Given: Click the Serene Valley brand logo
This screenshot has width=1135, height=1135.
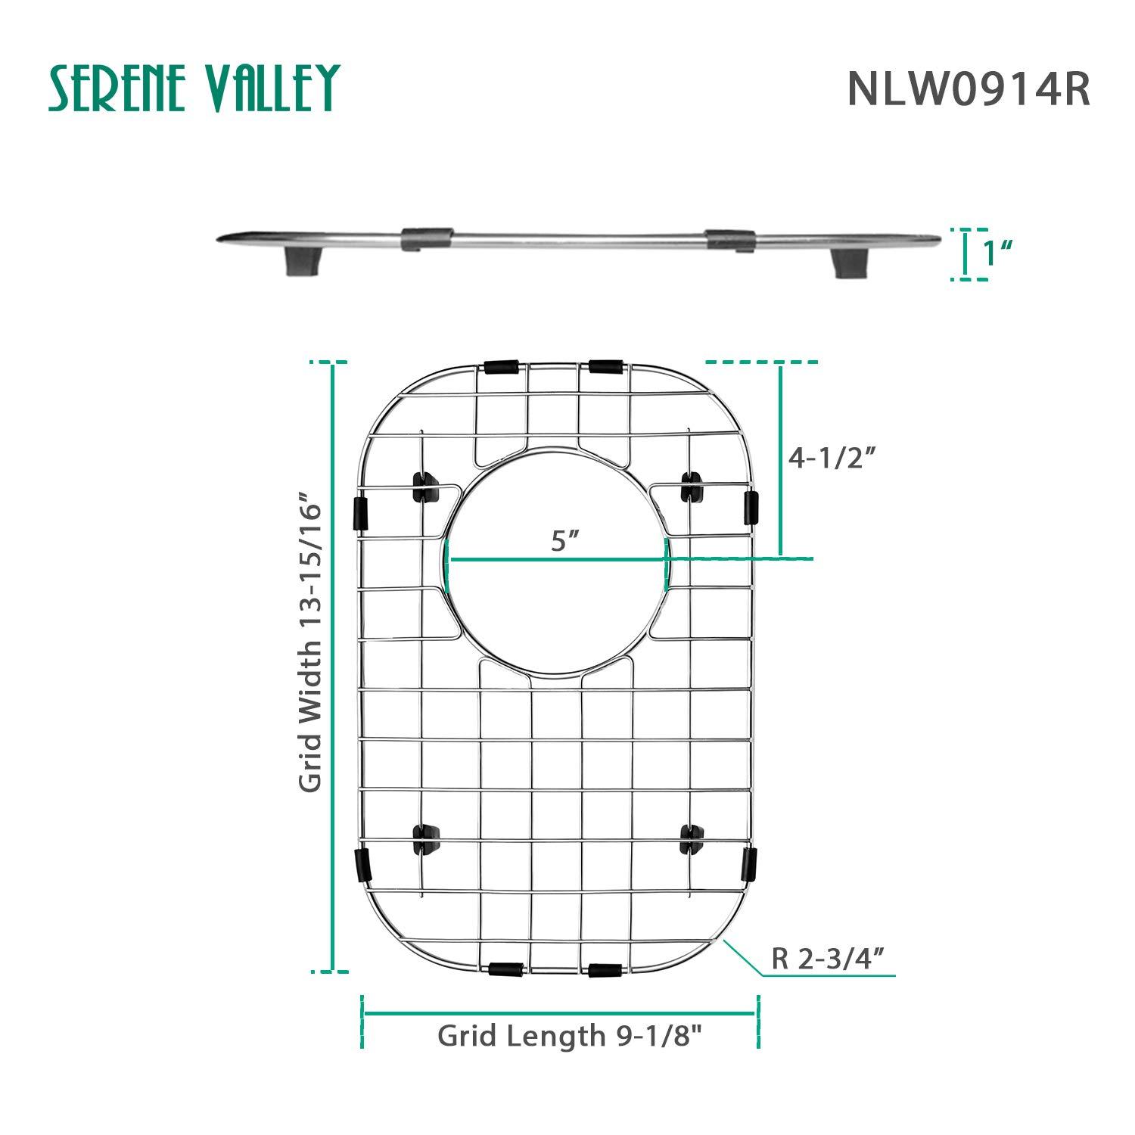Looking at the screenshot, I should (x=194, y=88).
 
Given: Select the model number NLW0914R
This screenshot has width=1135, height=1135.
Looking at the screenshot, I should (x=968, y=89).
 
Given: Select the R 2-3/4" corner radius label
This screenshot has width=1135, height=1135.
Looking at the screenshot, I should (x=828, y=959).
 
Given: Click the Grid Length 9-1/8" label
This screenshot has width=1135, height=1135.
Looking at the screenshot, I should (x=564, y=1035).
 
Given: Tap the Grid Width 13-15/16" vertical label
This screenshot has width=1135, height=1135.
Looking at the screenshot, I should (x=310, y=643).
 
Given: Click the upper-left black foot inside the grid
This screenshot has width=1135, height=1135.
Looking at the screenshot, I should (x=425, y=487).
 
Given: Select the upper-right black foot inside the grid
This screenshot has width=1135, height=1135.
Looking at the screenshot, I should (x=692, y=486).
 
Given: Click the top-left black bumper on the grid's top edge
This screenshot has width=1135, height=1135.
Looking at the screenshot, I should (x=502, y=368).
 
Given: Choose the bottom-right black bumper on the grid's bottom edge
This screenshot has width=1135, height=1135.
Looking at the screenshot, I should (x=605, y=969).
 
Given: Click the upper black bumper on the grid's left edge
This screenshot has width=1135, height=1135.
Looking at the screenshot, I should (x=361, y=512).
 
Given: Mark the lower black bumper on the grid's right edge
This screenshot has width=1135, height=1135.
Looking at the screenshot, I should (x=748, y=865).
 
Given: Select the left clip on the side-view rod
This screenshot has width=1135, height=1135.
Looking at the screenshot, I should (x=427, y=239).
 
